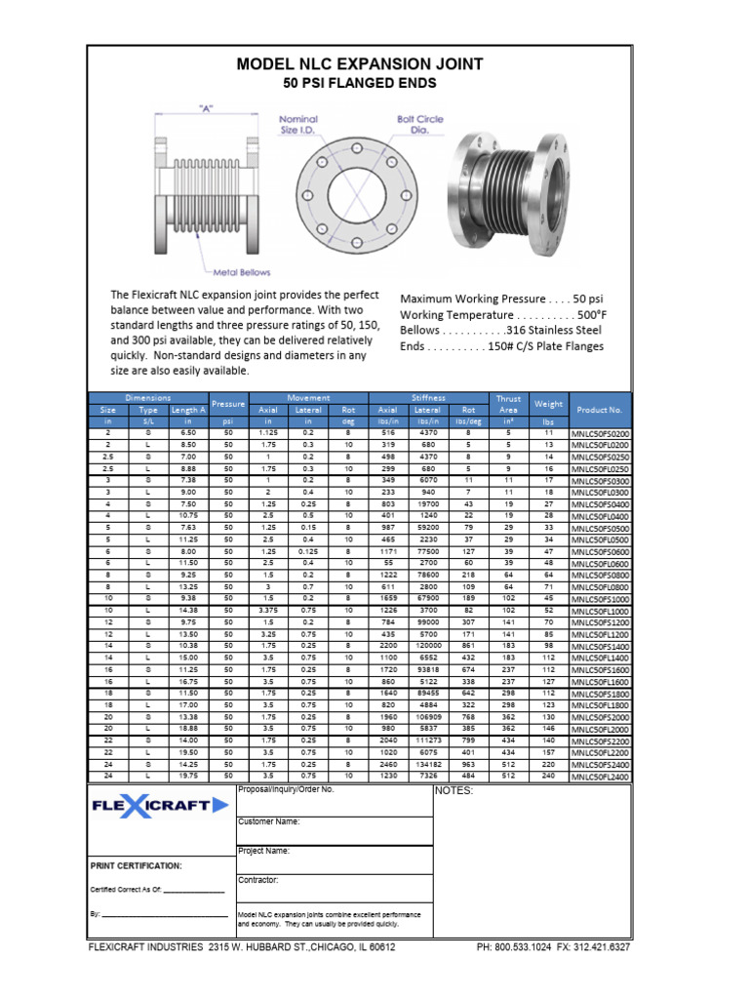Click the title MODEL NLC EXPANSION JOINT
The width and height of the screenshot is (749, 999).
pyautogui.click(x=360, y=64)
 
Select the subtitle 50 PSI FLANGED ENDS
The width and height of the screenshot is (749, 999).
pyautogui.click(x=360, y=85)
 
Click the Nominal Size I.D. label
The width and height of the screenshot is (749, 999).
pyautogui.click(x=298, y=125)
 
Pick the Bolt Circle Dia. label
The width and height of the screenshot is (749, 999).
pyautogui.click(x=419, y=125)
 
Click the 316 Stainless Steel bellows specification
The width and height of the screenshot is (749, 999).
pyautogui.click(x=504, y=331)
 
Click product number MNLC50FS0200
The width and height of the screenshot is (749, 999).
pyautogui.click(x=600, y=433)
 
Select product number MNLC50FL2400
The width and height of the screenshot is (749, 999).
pyautogui.click(x=600, y=778)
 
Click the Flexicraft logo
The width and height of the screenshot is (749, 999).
pyautogui.click(x=161, y=806)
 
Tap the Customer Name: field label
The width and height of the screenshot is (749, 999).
pyautogui.click(x=269, y=821)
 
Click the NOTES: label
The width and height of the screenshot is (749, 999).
pyautogui.click(x=453, y=791)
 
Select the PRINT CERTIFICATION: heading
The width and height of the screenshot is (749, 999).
pyautogui.click(x=136, y=865)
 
